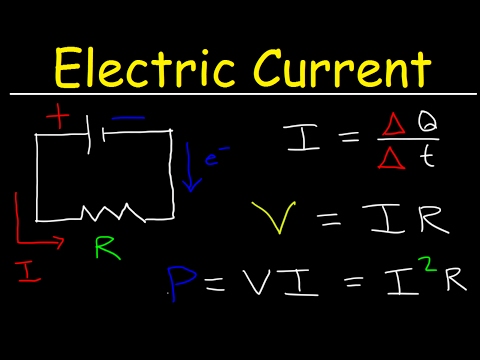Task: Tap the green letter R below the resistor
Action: coord(103,246)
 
